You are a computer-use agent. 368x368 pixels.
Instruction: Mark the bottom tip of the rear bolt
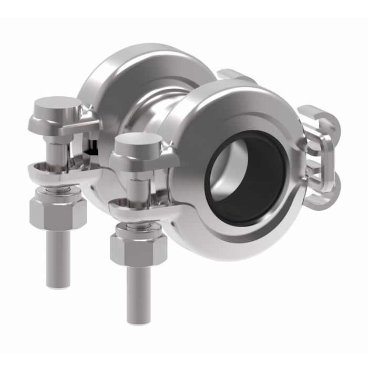58,284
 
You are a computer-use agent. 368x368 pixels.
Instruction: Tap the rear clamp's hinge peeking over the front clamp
234,76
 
